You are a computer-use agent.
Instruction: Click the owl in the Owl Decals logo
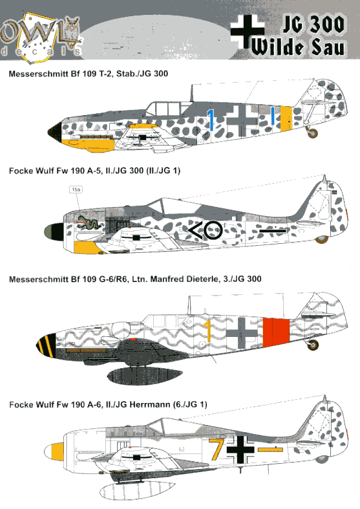tap(72, 31)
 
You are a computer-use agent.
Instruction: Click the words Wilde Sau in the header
tap(297, 47)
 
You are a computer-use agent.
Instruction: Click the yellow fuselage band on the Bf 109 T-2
tap(286, 118)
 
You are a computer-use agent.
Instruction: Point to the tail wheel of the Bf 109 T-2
tap(313, 133)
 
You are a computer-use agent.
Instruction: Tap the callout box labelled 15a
tap(76, 190)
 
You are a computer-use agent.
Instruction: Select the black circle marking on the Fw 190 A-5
tap(213, 230)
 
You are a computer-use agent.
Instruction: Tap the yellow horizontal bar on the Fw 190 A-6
tap(271, 449)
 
